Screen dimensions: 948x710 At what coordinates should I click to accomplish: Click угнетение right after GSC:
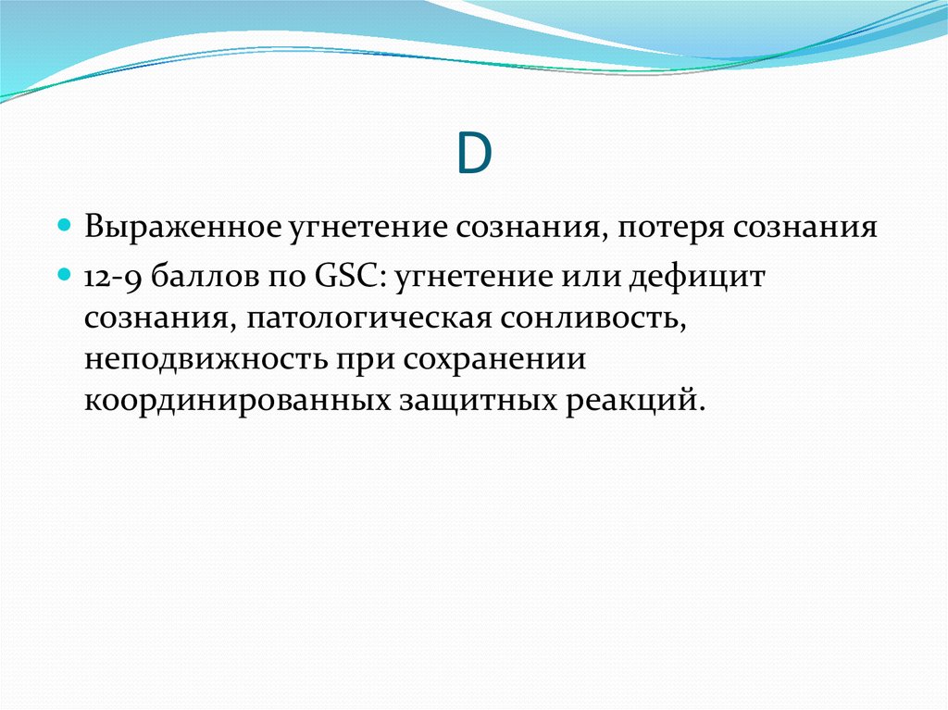(475, 279)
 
